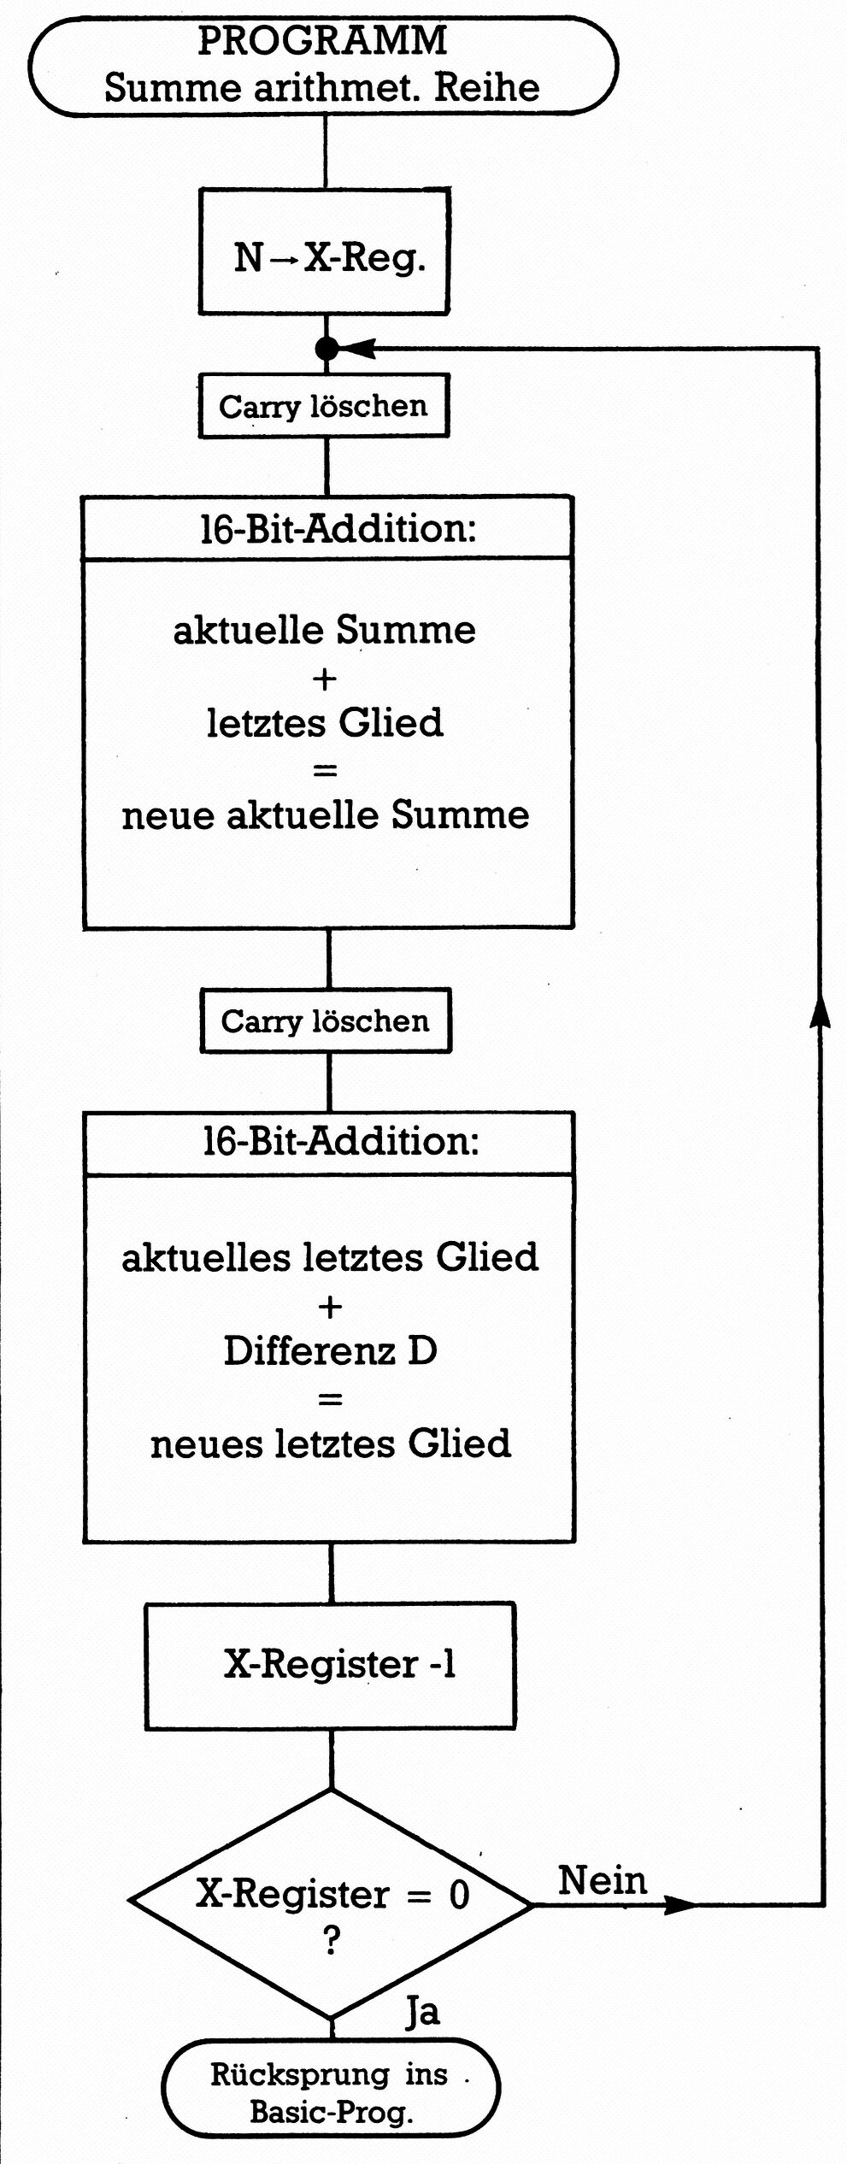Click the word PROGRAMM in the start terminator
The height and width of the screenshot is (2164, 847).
[x=322, y=41]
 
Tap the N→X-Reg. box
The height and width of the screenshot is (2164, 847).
[x=325, y=251]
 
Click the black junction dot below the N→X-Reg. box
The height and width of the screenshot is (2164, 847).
[x=326, y=348]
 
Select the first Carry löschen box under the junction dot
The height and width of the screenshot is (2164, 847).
[x=324, y=406]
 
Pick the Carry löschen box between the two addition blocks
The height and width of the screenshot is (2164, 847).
[x=326, y=1020]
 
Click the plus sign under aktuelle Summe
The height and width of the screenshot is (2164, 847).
[x=325, y=679]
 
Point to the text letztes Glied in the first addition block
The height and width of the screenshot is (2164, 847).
[x=325, y=723]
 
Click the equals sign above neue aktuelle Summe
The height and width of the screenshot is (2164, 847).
[x=325, y=770]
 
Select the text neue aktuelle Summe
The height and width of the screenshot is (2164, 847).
[x=325, y=814]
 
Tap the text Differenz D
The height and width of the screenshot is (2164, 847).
[x=330, y=1351]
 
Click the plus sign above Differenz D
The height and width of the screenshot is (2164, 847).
[x=330, y=1307]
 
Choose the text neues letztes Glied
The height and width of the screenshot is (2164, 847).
[x=330, y=1444]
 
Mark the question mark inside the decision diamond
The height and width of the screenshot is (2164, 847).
[x=332, y=1940]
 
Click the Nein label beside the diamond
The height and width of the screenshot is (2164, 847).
[x=603, y=1881]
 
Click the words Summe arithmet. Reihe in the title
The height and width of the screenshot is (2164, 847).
[x=322, y=88]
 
